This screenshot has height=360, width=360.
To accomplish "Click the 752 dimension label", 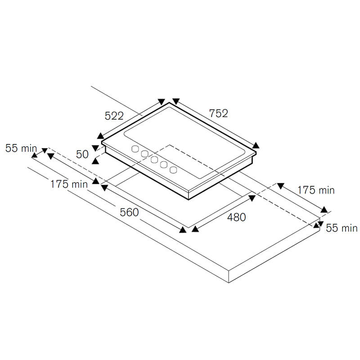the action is (218, 113).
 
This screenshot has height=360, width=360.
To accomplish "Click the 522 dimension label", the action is (114, 116).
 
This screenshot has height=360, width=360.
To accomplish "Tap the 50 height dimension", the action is (82, 154).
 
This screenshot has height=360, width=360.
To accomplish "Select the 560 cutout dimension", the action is (129, 212).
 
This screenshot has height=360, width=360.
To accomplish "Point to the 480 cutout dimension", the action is (237, 217).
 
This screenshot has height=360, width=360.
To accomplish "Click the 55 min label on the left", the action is (21, 148).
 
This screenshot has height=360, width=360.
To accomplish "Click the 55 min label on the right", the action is (342, 228).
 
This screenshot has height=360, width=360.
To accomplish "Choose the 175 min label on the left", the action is (69, 184).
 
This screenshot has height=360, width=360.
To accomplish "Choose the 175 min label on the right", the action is (316, 190).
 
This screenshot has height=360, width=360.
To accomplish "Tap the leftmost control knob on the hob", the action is (135, 149).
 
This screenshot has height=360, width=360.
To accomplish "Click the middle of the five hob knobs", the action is (154, 159).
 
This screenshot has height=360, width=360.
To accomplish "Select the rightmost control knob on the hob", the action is (173, 170).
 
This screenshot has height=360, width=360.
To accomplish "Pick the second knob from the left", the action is (144, 154).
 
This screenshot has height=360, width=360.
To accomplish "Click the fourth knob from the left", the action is (164, 164).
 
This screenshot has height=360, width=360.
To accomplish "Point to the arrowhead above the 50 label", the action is (95, 148).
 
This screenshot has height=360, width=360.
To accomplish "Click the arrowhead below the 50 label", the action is (95, 161).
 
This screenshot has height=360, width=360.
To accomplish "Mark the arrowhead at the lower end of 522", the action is (100, 136).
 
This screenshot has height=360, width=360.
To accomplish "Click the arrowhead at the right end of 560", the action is (183, 229).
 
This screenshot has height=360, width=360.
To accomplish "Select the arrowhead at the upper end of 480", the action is (252, 198).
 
